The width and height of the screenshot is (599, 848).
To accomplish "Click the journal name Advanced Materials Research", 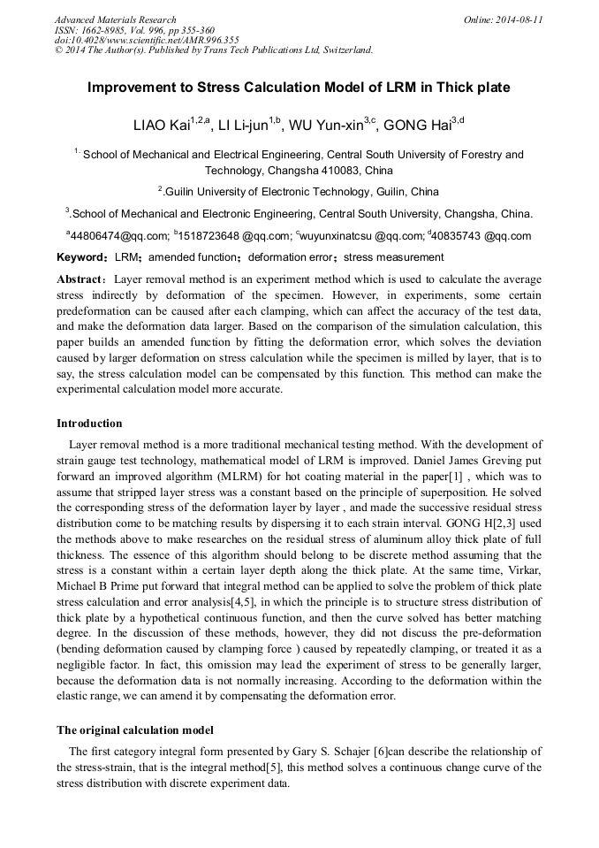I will (115, 19).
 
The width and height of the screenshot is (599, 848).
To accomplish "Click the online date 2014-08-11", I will (521, 19).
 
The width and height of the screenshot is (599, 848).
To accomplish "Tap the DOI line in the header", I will (147, 40).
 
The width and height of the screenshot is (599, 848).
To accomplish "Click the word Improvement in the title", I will (133, 88).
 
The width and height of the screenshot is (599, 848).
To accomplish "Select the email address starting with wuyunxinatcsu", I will (336, 236).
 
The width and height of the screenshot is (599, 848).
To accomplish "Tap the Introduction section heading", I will (89, 424).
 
